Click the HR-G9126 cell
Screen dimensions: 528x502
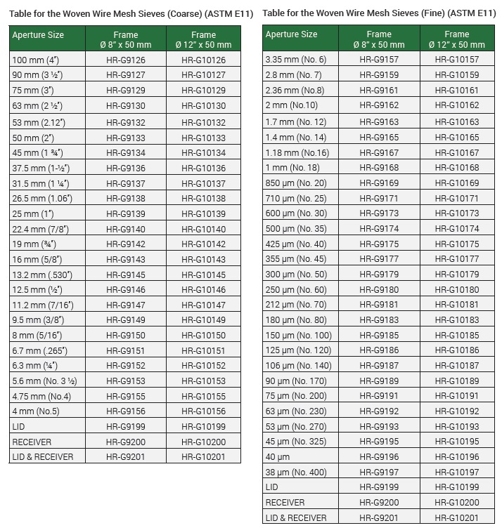click(x=126, y=60)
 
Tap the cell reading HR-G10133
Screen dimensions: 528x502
click(x=203, y=138)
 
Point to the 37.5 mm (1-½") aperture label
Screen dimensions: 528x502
click(x=40, y=169)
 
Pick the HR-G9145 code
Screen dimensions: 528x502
click(x=126, y=275)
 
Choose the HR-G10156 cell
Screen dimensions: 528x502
click(x=203, y=411)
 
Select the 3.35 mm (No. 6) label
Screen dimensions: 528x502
click(x=296, y=60)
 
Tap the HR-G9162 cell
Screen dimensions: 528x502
click(x=379, y=105)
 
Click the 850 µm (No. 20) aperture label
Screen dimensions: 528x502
click(x=296, y=183)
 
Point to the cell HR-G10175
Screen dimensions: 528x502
click(x=457, y=244)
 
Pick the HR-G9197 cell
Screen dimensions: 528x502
click(x=379, y=472)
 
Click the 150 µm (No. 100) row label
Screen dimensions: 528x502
click(x=299, y=336)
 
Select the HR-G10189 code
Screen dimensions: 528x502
click(x=457, y=381)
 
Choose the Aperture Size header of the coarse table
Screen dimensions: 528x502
click(x=37, y=35)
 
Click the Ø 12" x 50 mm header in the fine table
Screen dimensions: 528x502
click(x=457, y=39)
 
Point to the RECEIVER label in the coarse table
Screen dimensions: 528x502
click(x=32, y=442)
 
